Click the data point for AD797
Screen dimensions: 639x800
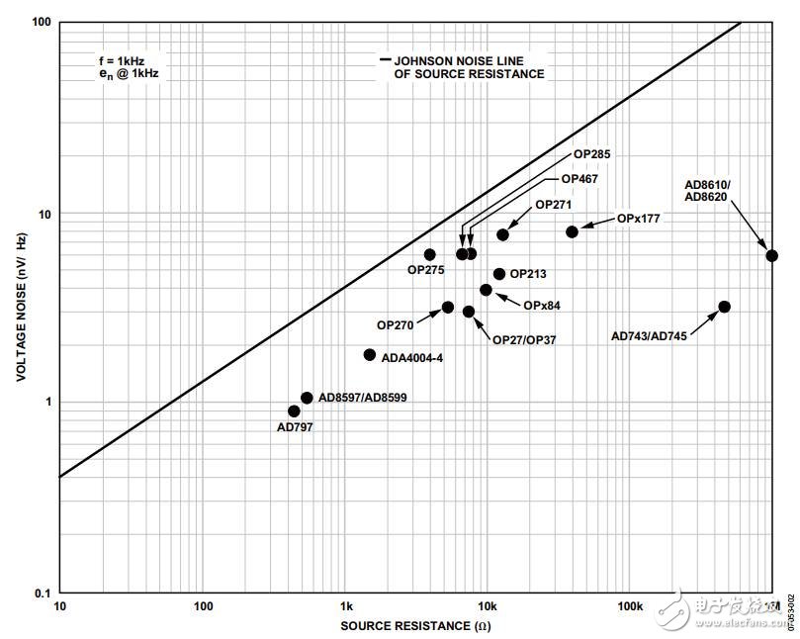click(x=294, y=411)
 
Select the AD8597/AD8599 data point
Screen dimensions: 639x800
click(x=307, y=398)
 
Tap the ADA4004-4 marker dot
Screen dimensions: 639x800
click(x=370, y=354)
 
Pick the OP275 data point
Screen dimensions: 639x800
click(x=429, y=254)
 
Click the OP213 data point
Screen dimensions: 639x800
click(x=499, y=274)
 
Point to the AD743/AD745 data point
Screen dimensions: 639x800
click(x=724, y=307)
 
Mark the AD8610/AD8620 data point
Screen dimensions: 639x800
click(x=772, y=255)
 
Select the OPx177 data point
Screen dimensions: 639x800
click(x=572, y=231)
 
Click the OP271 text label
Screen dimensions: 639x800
click(x=554, y=205)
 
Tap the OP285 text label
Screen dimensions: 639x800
click(x=592, y=155)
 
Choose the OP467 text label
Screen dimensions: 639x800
click(x=579, y=179)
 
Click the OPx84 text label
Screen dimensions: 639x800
click(x=542, y=306)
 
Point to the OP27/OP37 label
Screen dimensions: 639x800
click(x=524, y=339)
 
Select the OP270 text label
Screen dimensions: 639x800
click(x=396, y=324)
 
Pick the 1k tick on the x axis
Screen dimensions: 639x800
click(x=346, y=606)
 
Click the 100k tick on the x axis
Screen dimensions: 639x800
click(x=630, y=606)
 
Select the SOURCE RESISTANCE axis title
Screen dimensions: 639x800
click(x=415, y=625)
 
